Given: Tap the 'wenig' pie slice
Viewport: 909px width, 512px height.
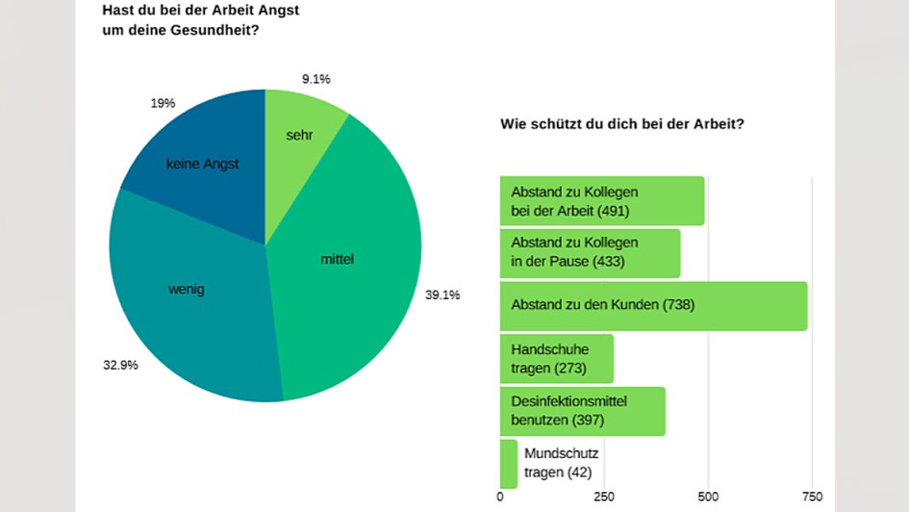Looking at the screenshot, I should pyautogui.click(x=188, y=298).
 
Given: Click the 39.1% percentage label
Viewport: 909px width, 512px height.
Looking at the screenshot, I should pyautogui.click(x=442, y=294).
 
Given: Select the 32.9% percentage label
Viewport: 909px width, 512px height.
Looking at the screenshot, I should pyautogui.click(x=120, y=366).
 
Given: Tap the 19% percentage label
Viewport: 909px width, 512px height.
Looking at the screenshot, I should pyautogui.click(x=163, y=103).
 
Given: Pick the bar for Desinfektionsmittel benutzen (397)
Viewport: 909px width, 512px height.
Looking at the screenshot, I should pyautogui.click(x=582, y=411).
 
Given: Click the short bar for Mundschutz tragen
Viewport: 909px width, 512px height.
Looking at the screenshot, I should pyautogui.click(x=508, y=463).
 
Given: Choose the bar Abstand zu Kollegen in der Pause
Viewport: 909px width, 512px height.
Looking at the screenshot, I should pyautogui.click(x=590, y=252).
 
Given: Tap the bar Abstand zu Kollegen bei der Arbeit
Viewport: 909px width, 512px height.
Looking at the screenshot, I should pyautogui.click(x=601, y=200).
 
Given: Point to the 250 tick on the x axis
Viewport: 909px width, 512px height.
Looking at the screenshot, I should pyautogui.click(x=604, y=497).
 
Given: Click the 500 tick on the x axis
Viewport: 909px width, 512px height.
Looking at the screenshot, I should pyautogui.click(x=708, y=497).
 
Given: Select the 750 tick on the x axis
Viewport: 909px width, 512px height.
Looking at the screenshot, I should pyautogui.click(x=812, y=497).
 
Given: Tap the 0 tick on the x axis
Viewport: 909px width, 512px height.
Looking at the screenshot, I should pyautogui.click(x=500, y=497).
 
